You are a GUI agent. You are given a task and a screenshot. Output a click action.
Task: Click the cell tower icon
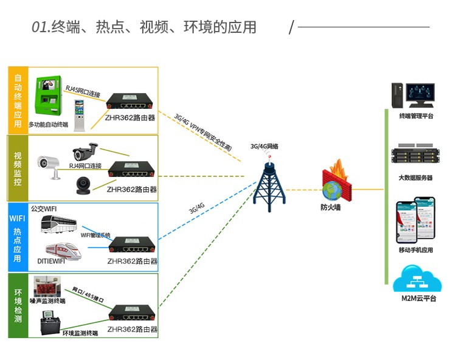point(269,182)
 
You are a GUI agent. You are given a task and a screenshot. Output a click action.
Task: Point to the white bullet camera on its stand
point(49,165)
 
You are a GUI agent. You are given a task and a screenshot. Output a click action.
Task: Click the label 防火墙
point(331,207)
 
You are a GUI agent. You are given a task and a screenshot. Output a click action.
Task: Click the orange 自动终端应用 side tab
point(18,100)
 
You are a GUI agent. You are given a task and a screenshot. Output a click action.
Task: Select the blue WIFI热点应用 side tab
point(16,237)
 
